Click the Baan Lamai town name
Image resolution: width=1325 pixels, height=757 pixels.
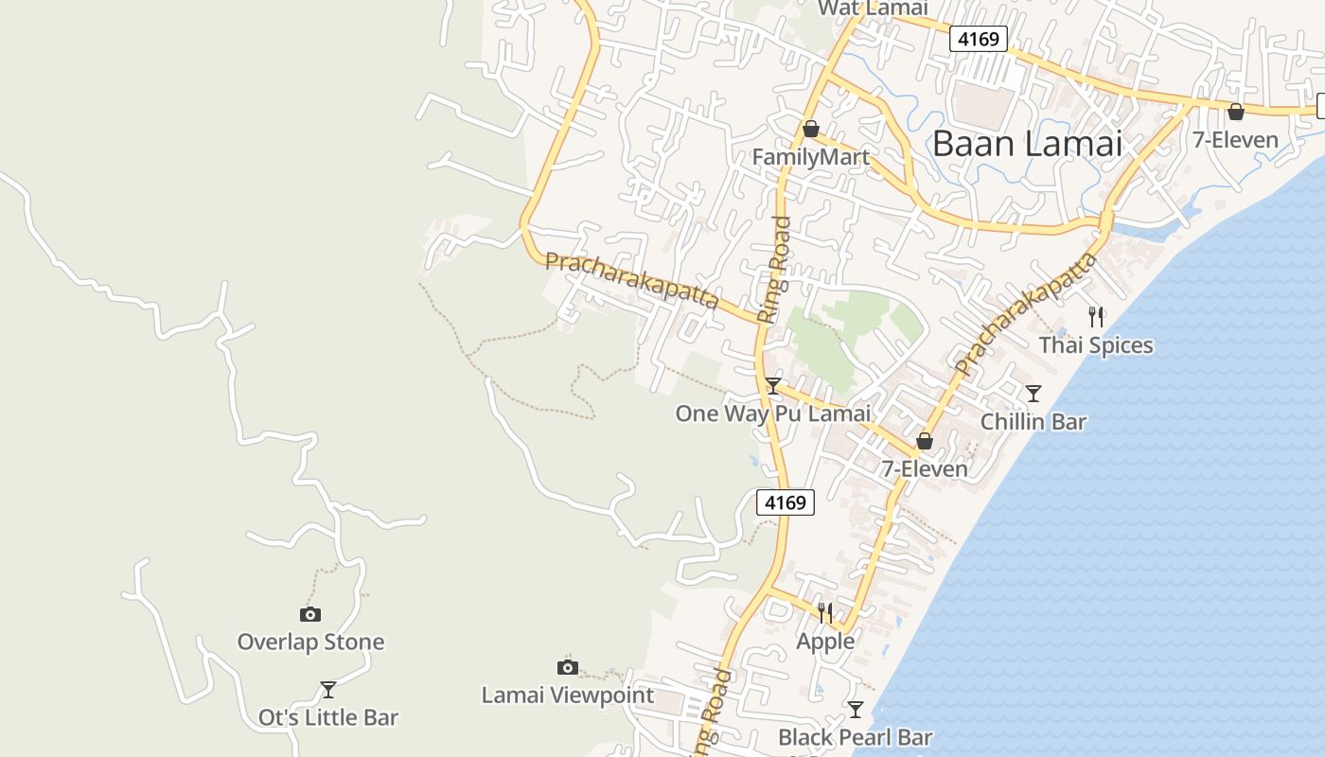point(1027,144)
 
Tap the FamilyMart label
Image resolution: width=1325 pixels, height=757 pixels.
point(810,157)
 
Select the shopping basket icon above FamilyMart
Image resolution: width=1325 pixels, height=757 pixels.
point(810,129)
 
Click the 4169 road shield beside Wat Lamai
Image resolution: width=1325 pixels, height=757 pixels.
point(979,39)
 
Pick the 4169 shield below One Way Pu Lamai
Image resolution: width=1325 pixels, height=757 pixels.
point(786,502)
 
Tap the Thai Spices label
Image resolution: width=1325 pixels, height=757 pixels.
point(1096,345)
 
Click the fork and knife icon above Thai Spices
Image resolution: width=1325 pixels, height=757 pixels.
point(1096,316)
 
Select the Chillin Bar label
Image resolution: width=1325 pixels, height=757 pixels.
point(1033,422)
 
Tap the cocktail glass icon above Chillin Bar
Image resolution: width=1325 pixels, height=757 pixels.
point(1033,393)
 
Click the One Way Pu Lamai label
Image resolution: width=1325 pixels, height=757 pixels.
point(772,414)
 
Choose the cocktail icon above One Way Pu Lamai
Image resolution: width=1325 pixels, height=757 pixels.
point(773,385)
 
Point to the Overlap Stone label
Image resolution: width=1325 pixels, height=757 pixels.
point(310,642)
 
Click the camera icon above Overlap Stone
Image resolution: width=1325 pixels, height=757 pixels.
point(310,614)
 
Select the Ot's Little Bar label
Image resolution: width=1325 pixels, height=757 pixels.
point(328,718)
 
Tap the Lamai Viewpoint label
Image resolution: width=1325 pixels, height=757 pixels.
point(567,695)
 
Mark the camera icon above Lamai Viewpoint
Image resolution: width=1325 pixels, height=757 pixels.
point(568,667)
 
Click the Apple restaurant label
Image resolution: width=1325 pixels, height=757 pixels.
point(825,642)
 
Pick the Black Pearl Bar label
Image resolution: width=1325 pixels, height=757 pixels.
point(855,737)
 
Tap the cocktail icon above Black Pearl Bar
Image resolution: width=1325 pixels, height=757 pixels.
point(856,709)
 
